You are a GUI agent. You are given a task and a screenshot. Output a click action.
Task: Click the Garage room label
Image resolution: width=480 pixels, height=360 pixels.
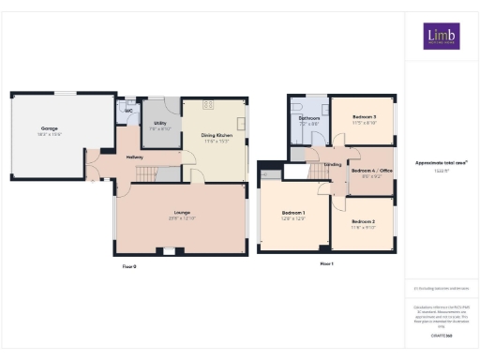50,128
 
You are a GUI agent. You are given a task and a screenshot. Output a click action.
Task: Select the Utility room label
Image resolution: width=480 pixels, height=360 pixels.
160,124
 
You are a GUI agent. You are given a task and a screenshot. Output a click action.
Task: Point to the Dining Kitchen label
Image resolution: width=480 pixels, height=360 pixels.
217,136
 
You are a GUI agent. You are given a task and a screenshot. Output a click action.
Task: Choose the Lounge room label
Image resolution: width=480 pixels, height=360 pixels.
182,215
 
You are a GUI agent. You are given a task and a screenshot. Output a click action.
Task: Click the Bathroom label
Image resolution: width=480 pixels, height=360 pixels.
309,119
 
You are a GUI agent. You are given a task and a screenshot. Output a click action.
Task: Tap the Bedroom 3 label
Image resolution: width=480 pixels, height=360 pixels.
364,118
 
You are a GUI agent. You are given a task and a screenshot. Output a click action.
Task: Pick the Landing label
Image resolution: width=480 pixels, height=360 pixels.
332,165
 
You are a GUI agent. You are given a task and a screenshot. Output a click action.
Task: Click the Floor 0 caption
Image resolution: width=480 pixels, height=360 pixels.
129,267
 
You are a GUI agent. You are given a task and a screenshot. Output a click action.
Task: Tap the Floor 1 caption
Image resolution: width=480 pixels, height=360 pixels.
326,265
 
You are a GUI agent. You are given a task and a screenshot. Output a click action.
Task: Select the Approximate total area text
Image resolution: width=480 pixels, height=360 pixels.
441,162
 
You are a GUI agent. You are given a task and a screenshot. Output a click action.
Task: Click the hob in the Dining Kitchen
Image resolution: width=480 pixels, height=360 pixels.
210,105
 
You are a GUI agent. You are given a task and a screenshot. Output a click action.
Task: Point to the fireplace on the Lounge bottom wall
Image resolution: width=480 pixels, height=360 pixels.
168,251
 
